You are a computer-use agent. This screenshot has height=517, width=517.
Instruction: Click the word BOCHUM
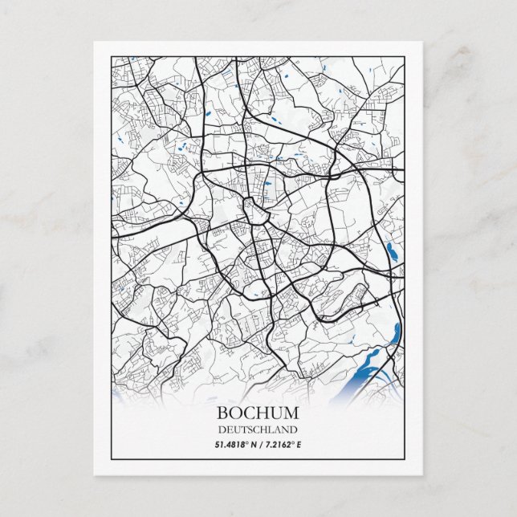click(x=258, y=413)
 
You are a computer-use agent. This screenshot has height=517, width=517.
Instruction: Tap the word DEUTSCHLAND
click(x=258, y=429)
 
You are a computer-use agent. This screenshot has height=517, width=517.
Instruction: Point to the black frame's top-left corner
click(x=111, y=57)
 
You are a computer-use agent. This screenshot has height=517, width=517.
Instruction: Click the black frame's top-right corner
click(x=405, y=57)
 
